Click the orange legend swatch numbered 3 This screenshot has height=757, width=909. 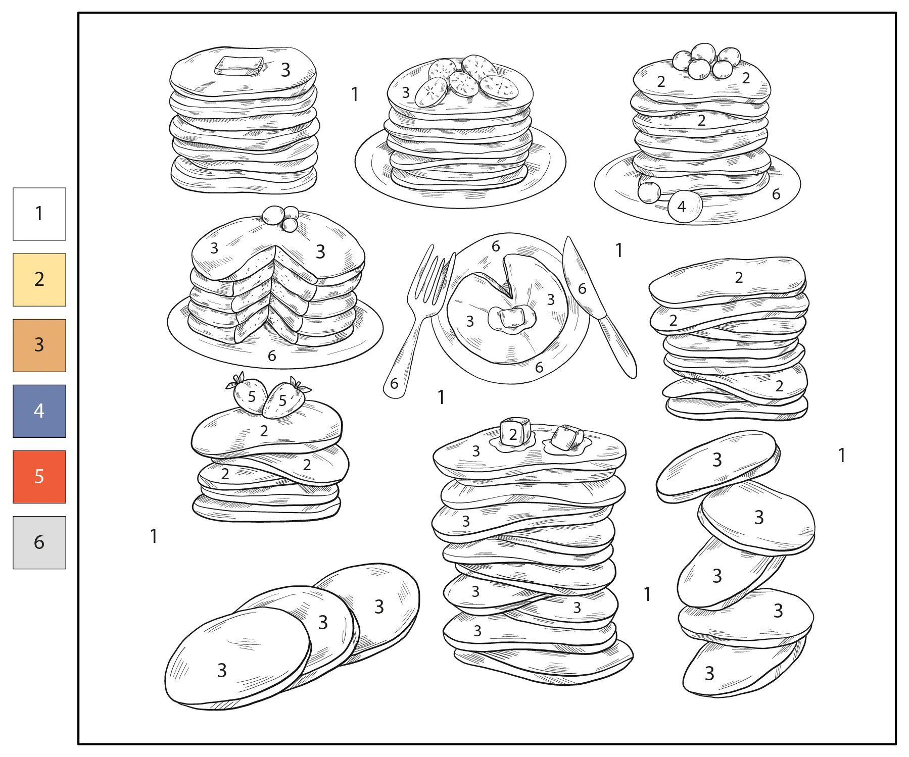click(x=39, y=345)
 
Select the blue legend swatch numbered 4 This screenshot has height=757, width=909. click(x=39, y=411)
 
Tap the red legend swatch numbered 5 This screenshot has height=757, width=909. click(x=39, y=477)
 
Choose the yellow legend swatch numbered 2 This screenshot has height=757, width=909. click(x=39, y=280)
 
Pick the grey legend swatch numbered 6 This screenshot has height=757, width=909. click(x=39, y=542)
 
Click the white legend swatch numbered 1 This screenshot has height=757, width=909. click(x=39, y=214)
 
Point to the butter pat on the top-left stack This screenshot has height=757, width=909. click(x=238, y=66)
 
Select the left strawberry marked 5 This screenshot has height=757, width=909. click(x=250, y=396)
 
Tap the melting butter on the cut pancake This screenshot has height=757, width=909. click(x=511, y=318)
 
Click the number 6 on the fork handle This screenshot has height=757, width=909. click(x=395, y=384)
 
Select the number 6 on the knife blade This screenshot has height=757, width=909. click(x=582, y=289)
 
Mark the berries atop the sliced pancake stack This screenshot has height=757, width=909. click(x=281, y=217)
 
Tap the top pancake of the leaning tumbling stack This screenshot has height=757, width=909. click(x=717, y=465)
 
